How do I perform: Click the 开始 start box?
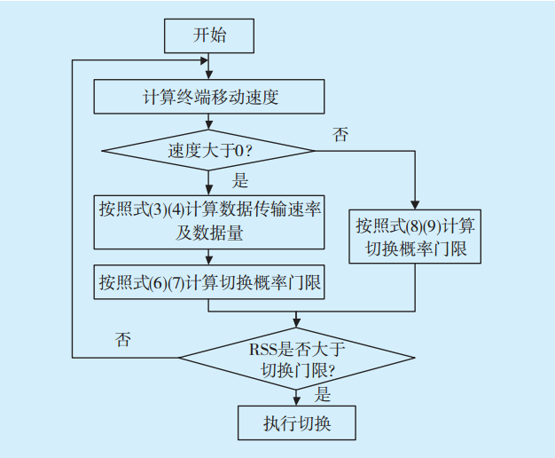209,36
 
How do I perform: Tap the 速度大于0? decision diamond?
209,150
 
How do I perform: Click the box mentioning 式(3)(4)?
209,221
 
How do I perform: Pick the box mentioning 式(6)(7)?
209,284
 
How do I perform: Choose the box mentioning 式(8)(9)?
414,236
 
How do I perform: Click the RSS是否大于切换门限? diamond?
297,357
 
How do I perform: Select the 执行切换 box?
297,422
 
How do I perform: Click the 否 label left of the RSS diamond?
123,340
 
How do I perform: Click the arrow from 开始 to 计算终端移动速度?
209,67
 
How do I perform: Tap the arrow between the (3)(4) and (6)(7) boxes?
209,257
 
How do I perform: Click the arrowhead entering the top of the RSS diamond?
297,323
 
